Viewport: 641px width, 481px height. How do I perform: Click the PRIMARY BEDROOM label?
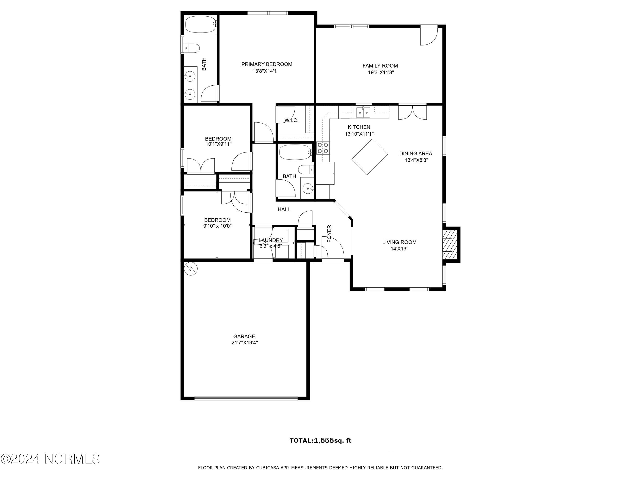tap(267, 64)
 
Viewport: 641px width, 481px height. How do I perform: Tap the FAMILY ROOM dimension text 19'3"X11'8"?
tap(381, 72)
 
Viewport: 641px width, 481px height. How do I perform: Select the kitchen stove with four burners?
tap(323, 148)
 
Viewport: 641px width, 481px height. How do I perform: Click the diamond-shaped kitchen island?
tap(370, 157)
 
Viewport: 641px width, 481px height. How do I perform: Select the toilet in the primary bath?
tap(192, 48)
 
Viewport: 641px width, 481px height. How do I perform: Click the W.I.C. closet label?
tap(291, 120)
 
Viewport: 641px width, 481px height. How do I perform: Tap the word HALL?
tap(284, 209)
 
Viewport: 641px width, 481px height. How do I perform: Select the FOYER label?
tap(329, 234)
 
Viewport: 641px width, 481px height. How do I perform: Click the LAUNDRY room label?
tap(271, 240)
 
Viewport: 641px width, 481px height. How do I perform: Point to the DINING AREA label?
tap(416, 154)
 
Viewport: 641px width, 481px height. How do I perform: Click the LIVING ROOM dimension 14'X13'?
tap(399, 249)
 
